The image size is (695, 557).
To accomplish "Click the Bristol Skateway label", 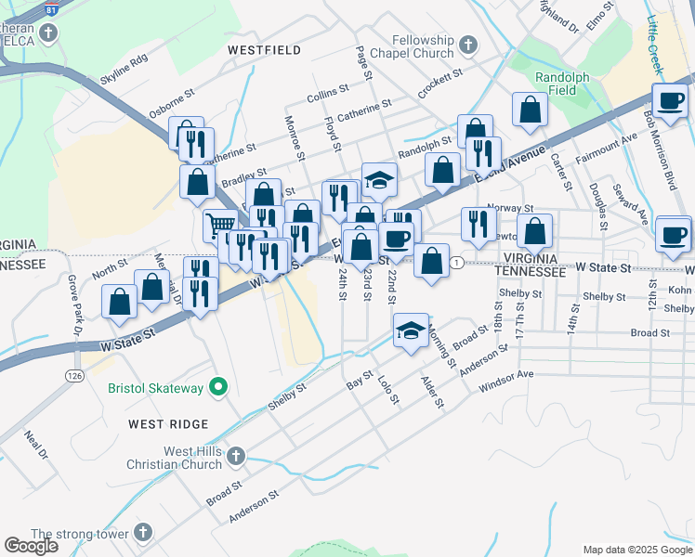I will point(155,388).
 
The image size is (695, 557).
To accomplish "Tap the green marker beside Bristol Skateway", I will point(218,387).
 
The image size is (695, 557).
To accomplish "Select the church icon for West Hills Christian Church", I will point(236,456).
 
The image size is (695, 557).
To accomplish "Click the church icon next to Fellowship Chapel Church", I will point(468,44).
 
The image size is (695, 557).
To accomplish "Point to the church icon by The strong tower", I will point(142,533).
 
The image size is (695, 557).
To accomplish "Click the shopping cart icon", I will point(220,224).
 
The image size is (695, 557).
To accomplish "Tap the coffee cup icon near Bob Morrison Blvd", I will point(670,98).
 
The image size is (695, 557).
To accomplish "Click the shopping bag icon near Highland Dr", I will point(530,110).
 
